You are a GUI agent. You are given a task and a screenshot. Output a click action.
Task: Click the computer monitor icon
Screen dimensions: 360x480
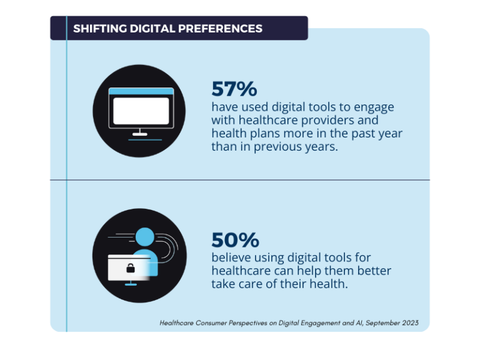pyautogui.click(x=139, y=111)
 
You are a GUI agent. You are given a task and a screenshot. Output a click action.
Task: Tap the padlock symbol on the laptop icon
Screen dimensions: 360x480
pyautogui.click(x=131, y=268)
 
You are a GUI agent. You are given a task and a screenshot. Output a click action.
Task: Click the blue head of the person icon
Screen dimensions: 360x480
pyautogui.click(x=144, y=237)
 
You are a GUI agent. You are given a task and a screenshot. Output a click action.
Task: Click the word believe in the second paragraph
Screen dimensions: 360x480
pyautogui.click(x=231, y=257)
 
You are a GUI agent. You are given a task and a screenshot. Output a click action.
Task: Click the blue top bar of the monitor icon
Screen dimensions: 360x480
pyautogui.click(x=139, y=91)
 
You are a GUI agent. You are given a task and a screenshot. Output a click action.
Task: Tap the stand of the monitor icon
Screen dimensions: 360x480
pyautogui.click(x=139, y=133)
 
